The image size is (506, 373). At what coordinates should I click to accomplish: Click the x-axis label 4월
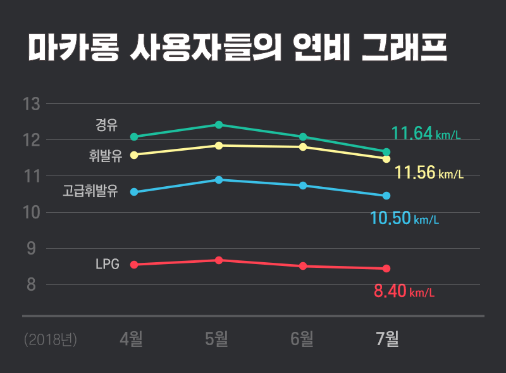coord(132,339)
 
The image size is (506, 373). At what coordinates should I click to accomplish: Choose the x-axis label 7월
coord(387,339)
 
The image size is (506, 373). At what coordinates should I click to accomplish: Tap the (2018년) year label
coord(51,340)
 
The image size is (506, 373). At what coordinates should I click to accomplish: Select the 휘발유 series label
coord(106,156)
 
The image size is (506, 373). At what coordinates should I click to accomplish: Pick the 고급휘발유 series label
coord(90,191)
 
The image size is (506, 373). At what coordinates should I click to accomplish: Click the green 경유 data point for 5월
coord(219,125)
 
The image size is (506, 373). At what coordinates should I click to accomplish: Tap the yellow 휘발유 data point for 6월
coord(303,147)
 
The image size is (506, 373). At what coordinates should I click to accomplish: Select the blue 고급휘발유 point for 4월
coord(133,192)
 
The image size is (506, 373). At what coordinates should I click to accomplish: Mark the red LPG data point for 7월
coord(386,269)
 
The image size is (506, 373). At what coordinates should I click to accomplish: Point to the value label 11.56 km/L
coord(429,172)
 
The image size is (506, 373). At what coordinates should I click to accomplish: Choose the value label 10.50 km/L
coord(404,219)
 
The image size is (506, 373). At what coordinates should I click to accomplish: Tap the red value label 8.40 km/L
coord(404,292)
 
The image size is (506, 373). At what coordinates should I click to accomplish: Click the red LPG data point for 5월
coord(219,260)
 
